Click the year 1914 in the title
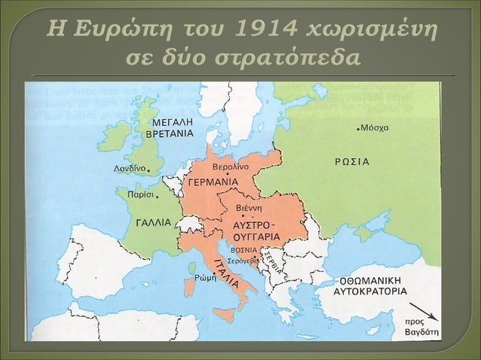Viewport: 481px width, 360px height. pos(263,30)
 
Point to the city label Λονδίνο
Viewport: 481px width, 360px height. pos(129,169)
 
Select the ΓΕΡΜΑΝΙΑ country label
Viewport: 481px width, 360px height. pos(213,182)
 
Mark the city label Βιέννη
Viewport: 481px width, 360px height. pos(249,207)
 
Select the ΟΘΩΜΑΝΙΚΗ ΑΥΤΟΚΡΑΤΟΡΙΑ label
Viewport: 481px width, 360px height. pos(369,284)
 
